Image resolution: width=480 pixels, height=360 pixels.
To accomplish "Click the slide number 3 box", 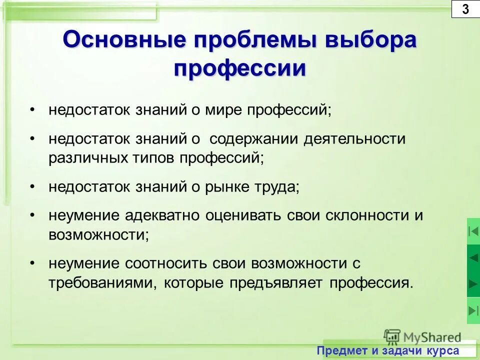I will (x=465, y=9).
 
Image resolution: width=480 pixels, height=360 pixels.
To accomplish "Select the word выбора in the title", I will (x=370, y=39).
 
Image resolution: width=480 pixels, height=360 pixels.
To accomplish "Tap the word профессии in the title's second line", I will (x=239, y=67).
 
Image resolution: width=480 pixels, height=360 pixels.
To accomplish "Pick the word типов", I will (x=155, y=158).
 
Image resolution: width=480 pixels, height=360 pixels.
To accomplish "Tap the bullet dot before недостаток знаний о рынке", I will (x=32, y=186).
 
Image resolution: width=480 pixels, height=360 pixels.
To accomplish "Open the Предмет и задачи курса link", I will (x=387, y=351).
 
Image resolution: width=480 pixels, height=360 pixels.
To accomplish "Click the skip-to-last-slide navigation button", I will (x=473, y=310).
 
